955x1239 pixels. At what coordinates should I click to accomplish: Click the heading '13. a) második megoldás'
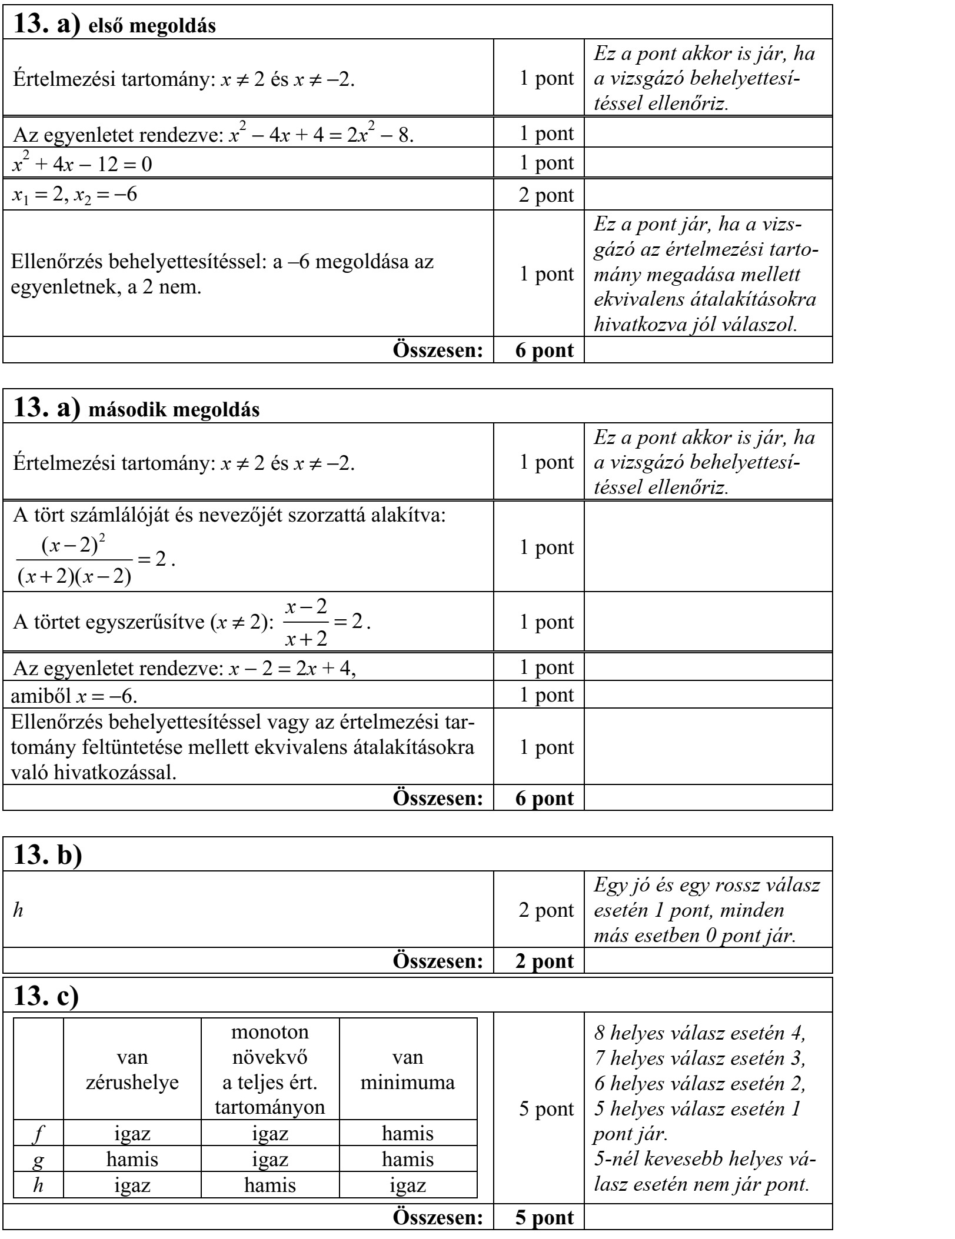point(136,408)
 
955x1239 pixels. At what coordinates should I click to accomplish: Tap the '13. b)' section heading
point(47,855)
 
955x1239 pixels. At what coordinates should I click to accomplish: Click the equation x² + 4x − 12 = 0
point(82,163)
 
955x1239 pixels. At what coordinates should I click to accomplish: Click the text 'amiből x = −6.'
point(74,695)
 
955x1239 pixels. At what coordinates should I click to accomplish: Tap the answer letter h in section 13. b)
point(18,910)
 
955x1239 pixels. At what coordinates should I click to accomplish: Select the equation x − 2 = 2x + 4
point(292,667)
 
